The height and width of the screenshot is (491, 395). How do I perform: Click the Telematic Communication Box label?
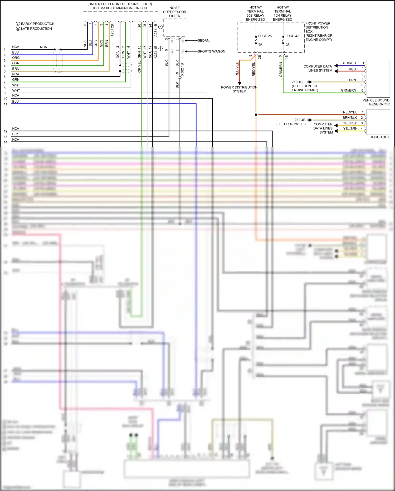tap(120, 8)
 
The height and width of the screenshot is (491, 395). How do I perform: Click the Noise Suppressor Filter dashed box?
tap(175, 27)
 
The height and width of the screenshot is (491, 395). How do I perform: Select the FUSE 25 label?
tap(265, 36)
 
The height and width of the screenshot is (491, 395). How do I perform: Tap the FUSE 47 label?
tap(292, 36)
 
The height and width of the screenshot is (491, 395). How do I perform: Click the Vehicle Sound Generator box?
tap(378, 78)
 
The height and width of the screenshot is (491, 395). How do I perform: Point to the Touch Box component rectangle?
tap(378, 122)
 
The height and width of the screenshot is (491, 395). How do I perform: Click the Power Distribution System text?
tap(239, 89)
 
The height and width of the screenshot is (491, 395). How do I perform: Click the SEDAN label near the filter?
tap(204, 40)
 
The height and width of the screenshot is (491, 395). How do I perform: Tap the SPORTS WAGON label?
tap(211, 51)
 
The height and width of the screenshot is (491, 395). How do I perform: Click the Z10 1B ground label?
tap(297, 82)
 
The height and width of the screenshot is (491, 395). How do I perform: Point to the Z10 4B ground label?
tap(300, 120)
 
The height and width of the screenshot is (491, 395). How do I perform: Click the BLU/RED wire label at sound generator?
tap(348, 63)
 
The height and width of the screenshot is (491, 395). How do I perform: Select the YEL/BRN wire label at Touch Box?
tap(350, 128)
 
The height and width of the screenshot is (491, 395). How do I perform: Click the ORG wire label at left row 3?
tap(16, 58)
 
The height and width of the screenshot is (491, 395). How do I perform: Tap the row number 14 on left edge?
tap(6, 142)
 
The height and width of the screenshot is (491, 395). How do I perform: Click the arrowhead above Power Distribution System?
tap(240, 83)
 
